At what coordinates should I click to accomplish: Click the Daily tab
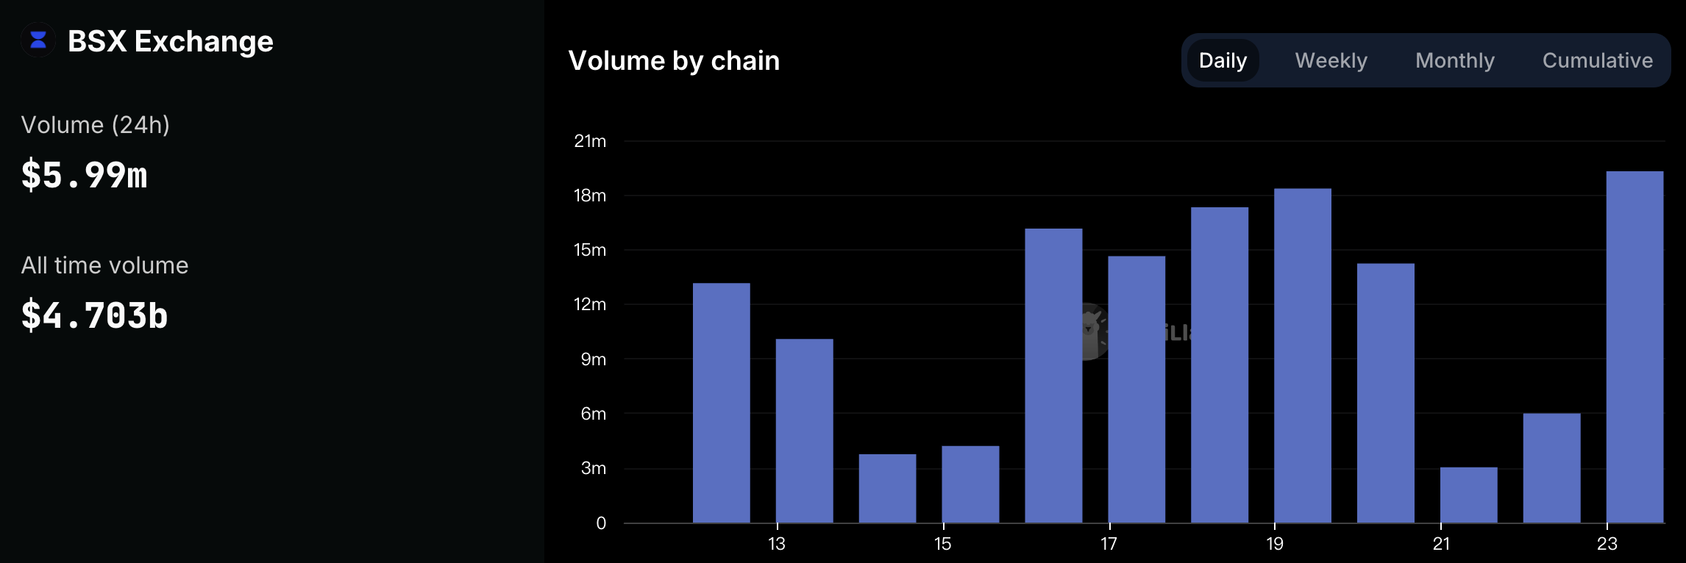click(1223, 60)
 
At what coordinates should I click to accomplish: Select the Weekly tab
click(1331, 60)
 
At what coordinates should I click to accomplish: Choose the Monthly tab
click(1454, 60)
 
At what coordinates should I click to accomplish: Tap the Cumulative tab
click(1597, 60)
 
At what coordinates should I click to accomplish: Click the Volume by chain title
click(674, 60)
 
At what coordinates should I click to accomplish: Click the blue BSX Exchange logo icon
click(38, 40)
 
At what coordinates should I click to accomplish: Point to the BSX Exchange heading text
click(170, 41)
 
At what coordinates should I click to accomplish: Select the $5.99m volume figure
click(85, 176)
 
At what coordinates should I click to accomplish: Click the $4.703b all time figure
click(95, 315)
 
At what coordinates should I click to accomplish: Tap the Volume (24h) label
click(96, 125)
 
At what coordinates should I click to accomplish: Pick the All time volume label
click(104, 265)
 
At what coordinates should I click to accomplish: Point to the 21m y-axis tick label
click(590, 141)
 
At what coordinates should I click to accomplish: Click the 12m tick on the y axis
click(590, 304)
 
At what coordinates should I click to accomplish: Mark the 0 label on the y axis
click(601, 523)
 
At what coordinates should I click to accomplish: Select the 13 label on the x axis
click(777, 544)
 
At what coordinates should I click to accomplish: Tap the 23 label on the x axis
click(1607, 544)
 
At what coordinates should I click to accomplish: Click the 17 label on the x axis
click(1109, 544)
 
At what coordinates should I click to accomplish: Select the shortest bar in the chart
click(1468, 495)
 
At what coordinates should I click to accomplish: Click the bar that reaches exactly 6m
click(1551, 468)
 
